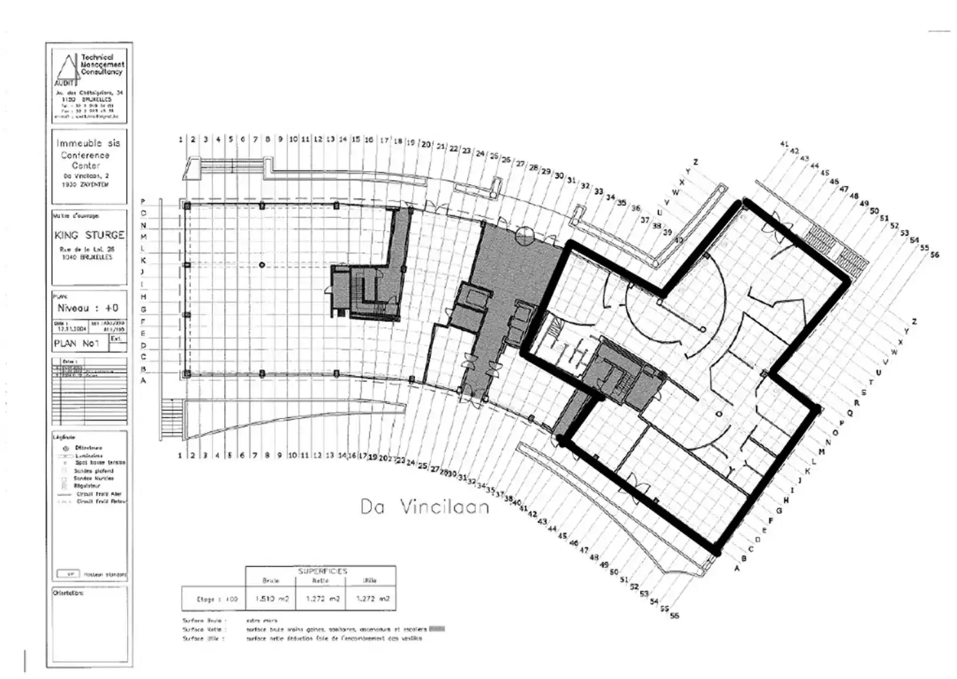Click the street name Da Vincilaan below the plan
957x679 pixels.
(425, 507)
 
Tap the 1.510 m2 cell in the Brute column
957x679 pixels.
(271, 599)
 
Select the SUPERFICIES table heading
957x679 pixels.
(322, 571)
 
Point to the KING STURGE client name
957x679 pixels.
(89, 235)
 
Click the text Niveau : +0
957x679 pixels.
(87, 308)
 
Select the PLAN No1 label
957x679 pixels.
(76, 343)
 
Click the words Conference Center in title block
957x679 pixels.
(86, 160)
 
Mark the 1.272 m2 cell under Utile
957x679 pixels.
(372, 599)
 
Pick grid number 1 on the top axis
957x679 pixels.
(181, 139)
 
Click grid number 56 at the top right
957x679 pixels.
(934, 255)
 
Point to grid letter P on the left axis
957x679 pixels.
(143, 202)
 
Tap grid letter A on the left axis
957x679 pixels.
(143, 381)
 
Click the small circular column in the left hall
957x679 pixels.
(262, 265)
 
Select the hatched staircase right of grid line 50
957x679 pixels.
(838, 248)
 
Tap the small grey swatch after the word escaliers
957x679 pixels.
(437, 629)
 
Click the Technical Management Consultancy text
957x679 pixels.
(102, 64)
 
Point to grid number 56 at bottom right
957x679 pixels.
(674, 615)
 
